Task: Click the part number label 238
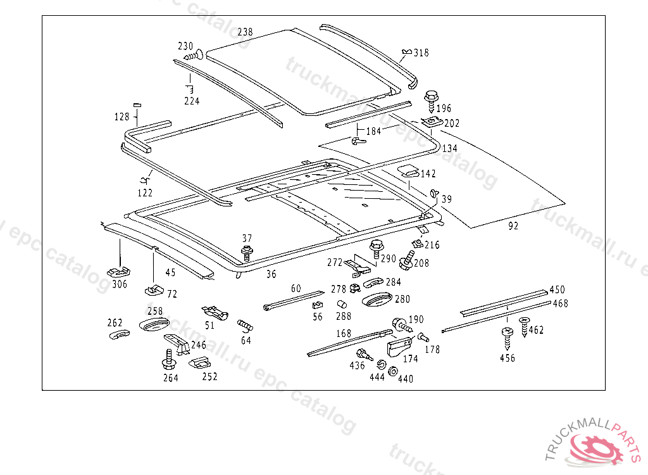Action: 245,32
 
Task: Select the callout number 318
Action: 421,53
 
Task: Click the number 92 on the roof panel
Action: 513,225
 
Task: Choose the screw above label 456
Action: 506,336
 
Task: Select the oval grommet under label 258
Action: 154,326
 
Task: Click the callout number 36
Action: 271,274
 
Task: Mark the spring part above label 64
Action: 245,326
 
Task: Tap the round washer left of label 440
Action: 392,372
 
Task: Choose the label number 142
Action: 428,174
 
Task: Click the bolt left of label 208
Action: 408,260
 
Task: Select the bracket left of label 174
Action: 398,347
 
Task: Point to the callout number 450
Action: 557,289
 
